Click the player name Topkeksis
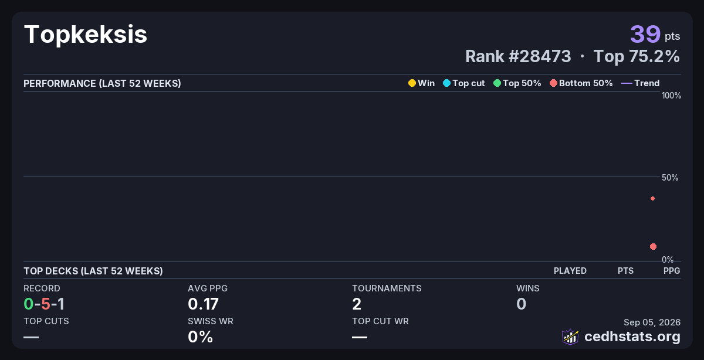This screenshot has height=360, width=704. coord(86,35)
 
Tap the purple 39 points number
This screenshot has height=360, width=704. coord(645,34)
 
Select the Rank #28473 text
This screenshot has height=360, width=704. coord(518,56)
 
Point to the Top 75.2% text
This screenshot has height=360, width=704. coord(637,56)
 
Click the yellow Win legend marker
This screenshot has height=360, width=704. coord(412,83)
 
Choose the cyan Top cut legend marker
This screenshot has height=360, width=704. coord(446,83)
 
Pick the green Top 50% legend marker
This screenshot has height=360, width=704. coord(497,83)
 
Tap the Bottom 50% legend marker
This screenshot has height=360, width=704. coord(553,83)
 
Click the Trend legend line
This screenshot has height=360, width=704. coord(627,83)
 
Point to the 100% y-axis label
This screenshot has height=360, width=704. coord(671,96)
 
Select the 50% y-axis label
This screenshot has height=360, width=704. coord(670,178)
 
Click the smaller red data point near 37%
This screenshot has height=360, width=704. coord(653,199)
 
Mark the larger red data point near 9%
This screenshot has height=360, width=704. coord(653,247)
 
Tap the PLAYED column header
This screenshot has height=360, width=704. coord(570,271)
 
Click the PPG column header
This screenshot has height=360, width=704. coord(672,271)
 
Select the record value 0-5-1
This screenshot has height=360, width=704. coord(44,304)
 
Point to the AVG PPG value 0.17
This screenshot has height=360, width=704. coord(203,304)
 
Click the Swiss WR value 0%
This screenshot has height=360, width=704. coord(200,337)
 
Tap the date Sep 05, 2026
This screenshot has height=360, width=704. coord(652,322)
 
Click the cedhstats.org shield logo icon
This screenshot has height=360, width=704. coord(570,337)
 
